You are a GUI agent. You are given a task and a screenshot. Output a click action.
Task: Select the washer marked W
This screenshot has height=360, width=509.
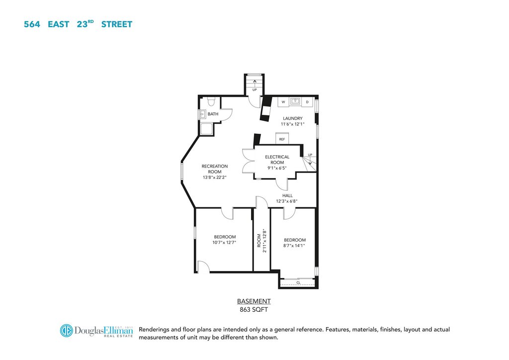(283, 102)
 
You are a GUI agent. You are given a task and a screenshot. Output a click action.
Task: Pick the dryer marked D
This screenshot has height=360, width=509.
(307, 102)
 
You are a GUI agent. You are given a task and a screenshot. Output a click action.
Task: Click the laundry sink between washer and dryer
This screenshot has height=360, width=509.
(295, 101)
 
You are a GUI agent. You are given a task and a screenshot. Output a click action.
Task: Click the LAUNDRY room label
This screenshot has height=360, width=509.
(292, 118)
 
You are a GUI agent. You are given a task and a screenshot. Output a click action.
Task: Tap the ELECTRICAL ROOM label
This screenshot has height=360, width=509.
(277, 160)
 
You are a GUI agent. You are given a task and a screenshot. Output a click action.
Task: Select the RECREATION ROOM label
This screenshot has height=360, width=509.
(215, 169)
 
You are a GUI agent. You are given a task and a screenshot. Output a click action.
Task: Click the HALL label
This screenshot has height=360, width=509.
(287, 195)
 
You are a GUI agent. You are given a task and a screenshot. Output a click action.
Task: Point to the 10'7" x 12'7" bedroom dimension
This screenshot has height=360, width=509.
(224, 243)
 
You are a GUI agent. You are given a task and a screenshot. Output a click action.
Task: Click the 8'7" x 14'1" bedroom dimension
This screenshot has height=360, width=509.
(294, 246)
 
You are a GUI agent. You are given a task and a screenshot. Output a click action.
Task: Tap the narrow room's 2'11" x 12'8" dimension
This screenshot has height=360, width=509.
(264, 241)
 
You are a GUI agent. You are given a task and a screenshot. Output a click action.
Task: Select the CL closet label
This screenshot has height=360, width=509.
(298, 283)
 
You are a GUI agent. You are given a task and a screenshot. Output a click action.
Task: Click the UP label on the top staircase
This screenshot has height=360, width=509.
(254, 90)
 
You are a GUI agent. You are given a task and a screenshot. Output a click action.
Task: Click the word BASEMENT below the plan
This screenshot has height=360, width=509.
(254, 301)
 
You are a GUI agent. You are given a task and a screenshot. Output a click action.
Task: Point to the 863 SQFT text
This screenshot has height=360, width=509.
(254, 310)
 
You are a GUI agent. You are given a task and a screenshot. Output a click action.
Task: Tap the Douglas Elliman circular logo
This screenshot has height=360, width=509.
(67, 331)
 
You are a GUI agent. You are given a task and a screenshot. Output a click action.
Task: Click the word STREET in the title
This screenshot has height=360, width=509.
(117, 24)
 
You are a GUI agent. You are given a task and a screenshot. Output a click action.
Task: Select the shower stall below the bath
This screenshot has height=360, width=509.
(206, 129)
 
